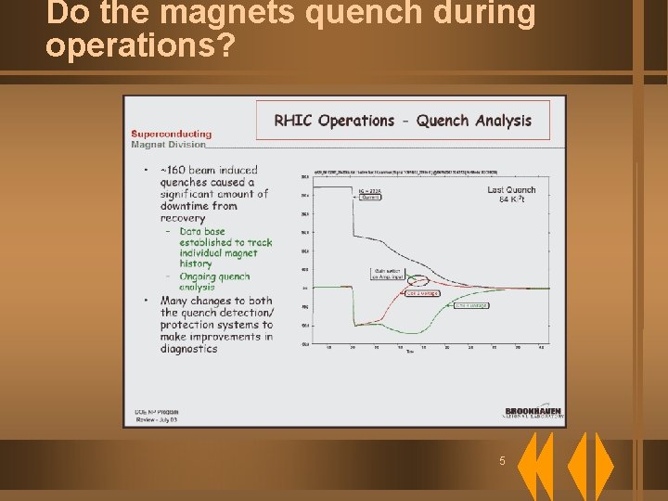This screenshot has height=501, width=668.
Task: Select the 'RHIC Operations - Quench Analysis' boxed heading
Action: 403,121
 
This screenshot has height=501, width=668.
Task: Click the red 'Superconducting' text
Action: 171,134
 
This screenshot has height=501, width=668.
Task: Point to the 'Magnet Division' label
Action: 168,145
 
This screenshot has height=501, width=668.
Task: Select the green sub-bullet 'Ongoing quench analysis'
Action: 214,281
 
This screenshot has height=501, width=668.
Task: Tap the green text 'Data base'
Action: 202,231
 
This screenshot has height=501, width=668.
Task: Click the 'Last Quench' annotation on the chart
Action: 511,189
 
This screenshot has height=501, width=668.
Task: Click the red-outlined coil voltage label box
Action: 422,293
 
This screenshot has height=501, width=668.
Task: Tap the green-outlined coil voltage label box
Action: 471,304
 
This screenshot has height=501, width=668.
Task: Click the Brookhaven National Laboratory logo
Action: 534,413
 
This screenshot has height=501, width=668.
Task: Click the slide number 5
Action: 502,461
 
